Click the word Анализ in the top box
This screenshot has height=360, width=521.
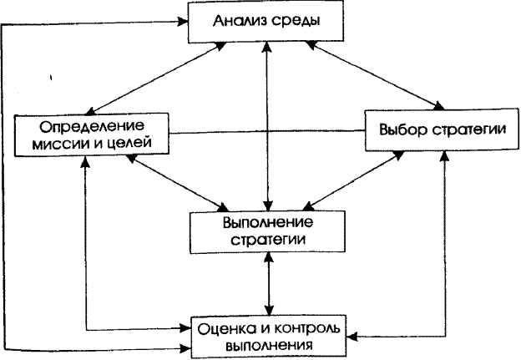pos(240,21)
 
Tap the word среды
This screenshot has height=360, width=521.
pos(296,22)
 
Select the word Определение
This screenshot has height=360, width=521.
pos(92,127)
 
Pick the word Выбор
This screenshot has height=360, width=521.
pos(402,129)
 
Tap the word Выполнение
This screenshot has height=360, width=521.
pos(268,223)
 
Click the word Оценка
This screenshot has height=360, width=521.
pos(226,329)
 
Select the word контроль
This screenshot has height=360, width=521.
pos(306,329)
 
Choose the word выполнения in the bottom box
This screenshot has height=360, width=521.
pos(269,346)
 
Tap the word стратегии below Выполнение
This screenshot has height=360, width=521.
pos(268,240)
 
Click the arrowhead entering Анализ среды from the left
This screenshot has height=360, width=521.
pos(183,22)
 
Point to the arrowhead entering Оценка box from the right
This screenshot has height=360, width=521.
pos(352,337)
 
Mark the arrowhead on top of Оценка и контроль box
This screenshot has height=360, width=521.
pos(269,310)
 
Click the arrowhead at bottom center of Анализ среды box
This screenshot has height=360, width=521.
pos(267,47)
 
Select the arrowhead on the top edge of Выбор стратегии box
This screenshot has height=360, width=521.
pos(439,106)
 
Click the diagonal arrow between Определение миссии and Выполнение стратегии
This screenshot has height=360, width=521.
pos(178,182)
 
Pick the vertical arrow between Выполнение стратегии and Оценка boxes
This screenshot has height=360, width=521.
pos(269,284)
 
